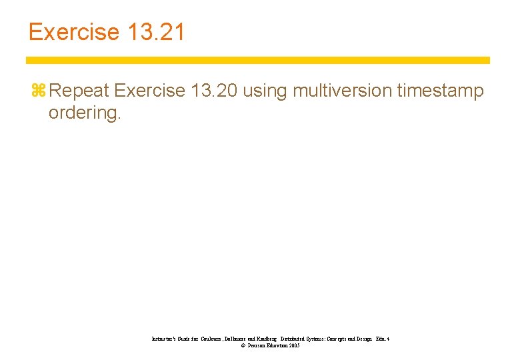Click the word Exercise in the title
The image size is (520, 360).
(x=73, y=32)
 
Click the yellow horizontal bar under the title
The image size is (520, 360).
(x=257, y=60)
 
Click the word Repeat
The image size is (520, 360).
(x=79, y=91)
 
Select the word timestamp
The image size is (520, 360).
(x=441, y=91)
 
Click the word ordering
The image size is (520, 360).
(x=85, y=113)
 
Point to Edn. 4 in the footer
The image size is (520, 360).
(x=382, y=339)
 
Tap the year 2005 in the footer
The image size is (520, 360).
(x=294, y=346)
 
